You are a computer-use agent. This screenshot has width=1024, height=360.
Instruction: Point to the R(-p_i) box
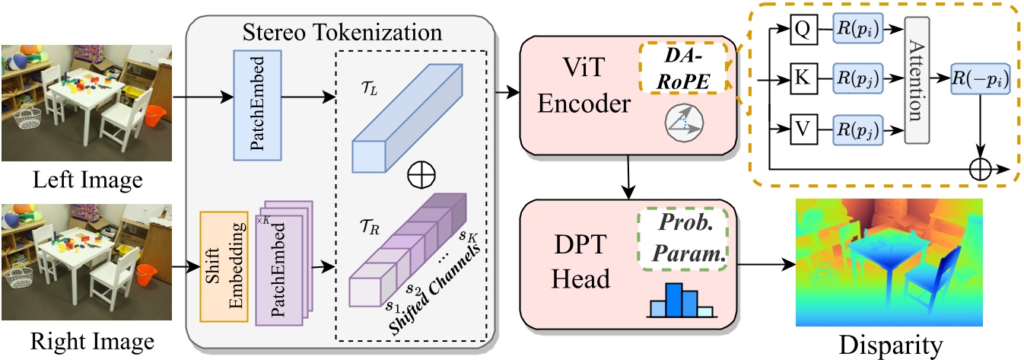coord(981,78)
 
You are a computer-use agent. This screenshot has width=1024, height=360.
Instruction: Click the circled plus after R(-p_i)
coord(981,166)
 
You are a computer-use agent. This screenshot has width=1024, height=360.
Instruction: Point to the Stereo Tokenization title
coord(342,33)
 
